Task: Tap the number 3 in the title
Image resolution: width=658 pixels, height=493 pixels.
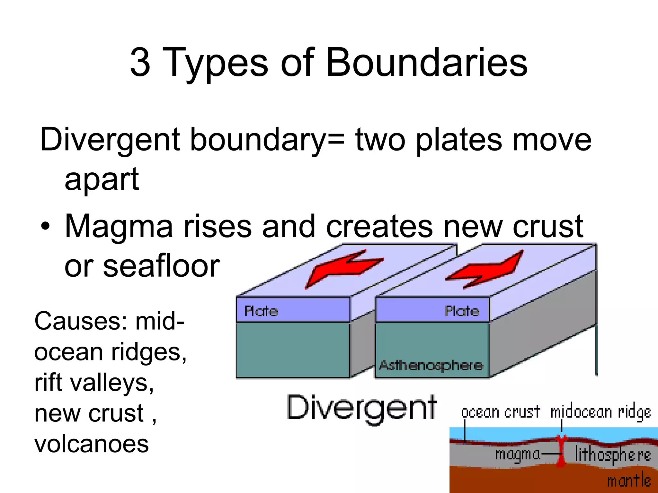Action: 140,62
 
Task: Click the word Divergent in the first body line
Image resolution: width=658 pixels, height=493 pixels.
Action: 110,140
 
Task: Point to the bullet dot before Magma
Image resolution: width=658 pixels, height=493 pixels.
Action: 46,226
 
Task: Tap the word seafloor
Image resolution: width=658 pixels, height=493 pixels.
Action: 161,266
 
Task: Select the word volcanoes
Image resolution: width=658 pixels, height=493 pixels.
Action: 92,444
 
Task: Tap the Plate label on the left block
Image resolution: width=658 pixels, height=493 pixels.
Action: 261,311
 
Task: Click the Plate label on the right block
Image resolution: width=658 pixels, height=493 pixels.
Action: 462,311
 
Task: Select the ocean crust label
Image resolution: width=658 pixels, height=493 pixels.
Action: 501,412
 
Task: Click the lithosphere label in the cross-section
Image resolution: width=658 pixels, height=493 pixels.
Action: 612,454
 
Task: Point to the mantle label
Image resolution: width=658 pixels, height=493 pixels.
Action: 629,480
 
